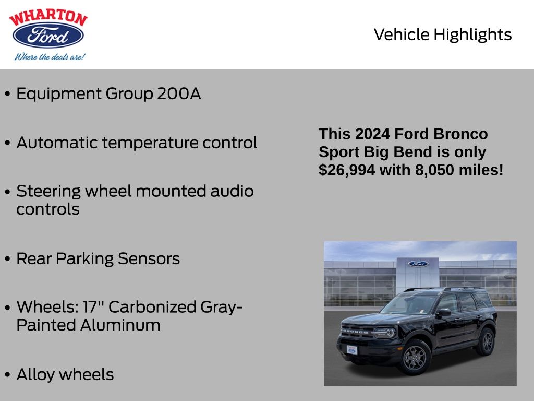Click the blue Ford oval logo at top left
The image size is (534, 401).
(x=48, y=35)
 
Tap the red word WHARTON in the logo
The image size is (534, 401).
(x=48, y=17)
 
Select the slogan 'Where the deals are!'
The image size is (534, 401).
(x=50, y=56)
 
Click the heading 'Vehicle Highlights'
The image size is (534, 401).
(x=442, y=34)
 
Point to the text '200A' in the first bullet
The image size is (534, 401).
(x=179, y=93)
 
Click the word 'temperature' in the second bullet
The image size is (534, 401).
(x=150, y=143)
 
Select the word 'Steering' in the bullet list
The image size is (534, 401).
(x=48, y=192)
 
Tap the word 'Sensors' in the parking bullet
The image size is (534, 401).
(x=149, y=258)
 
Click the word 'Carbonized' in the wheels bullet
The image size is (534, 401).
(x=152, y=307)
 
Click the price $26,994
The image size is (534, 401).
(x=347, y=170)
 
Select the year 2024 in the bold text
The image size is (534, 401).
(x=372, y=134)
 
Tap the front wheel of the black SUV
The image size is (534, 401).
(x=415, y=357)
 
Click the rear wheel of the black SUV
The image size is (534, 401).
(x=488, y=341)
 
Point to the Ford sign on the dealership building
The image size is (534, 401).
(x=418, y=264)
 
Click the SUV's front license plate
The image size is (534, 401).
(x=352, y=350)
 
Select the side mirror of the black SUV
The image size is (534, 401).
(x=444, y=312)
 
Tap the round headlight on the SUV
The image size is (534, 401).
(x=391, y=332)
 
